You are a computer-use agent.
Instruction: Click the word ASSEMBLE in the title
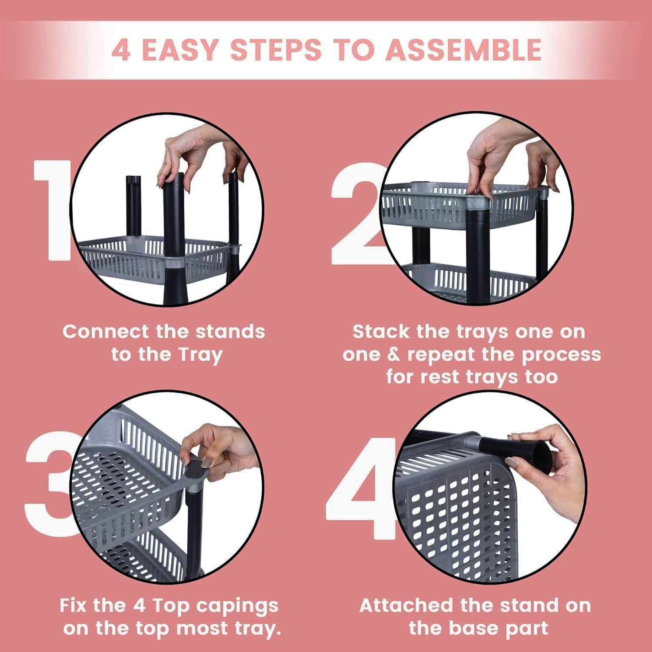463,50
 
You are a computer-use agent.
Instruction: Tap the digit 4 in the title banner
120,50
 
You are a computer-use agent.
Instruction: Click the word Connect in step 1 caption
105,332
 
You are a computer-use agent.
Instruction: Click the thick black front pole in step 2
477,252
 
